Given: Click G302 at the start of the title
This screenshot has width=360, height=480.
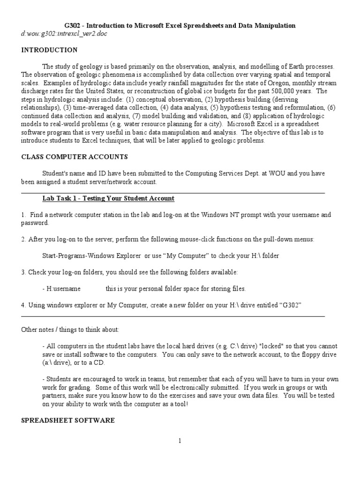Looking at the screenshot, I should [73, 25].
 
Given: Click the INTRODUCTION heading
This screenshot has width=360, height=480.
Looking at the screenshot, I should [49, 50].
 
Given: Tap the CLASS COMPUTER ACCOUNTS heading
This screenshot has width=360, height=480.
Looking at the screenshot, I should [75, 157].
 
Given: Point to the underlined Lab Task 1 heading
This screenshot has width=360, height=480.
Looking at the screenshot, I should [108, 198].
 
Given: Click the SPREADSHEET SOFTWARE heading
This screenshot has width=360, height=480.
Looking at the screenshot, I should [68, 420].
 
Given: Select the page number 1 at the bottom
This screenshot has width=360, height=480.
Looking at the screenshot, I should [180, 441].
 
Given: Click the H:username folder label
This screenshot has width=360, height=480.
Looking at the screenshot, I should [63, 288].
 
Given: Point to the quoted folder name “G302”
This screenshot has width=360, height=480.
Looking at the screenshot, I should [290, 305].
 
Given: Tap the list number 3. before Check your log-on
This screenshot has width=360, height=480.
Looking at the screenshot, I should [23, 272].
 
